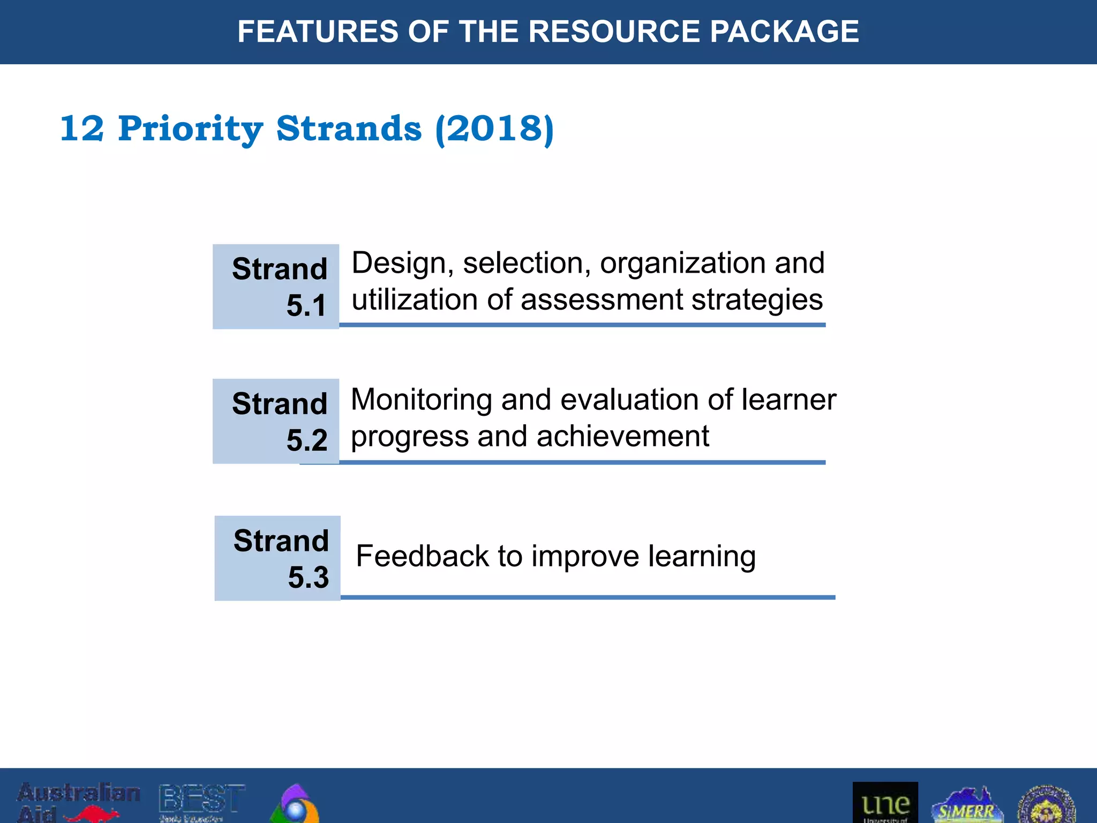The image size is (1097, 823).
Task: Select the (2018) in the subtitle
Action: pyautogui.click(x=494, y=129)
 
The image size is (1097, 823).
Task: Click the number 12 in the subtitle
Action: pyautogui.click(x=81, y=129)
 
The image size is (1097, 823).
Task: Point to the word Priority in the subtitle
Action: pyautogui.click(x=190, y=129)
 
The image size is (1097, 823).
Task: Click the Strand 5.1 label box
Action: pyautogui.click(x=276, y=287)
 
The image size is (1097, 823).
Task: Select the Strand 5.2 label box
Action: pyautogui.click(x=276, y=421)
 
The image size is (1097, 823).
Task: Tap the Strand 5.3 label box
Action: pyautogui.click(x=277, y=558)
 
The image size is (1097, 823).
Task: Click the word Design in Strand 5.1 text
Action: pyautogui.click(x=399, y=263)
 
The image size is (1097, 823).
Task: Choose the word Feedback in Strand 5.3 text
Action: pyautogui.click(x=422, y=556)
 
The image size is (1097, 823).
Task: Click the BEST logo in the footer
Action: pyautogui.click(x=202, y=802)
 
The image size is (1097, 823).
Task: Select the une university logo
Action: pyautogui.click(x=885, y=803)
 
